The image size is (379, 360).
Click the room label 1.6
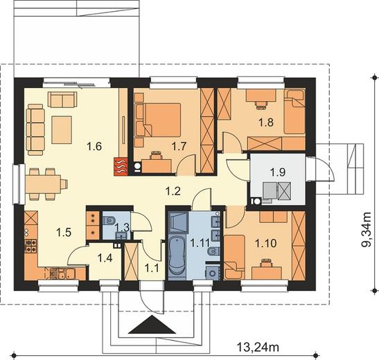[94, 146]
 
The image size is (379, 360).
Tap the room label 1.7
[179, 146]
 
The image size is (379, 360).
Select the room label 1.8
[266, 122]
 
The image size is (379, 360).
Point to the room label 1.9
[278, 172]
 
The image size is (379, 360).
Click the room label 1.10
[266, 244]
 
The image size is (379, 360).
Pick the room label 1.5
[64, 233]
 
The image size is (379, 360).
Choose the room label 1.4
[105, 258]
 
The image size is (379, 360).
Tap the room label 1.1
[152, 268]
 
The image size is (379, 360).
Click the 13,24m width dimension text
[258, 348]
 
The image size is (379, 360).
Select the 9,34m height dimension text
[367, 229]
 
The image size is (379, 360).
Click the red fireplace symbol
[121, 165]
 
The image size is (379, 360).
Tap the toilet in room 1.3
[109, 220]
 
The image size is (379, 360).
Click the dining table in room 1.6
[43, 184]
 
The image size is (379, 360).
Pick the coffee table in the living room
[62, 130]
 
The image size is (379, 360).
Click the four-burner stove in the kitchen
[31, 246]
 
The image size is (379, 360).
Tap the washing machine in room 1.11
[213, 273]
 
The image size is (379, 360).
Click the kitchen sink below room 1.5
[66, 273]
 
